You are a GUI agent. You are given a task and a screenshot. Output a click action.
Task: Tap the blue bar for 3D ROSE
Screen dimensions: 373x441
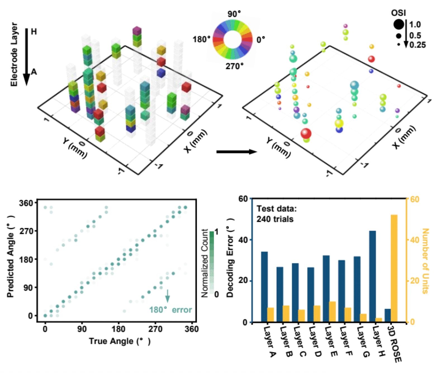pyautogui.click(x=388, y=315)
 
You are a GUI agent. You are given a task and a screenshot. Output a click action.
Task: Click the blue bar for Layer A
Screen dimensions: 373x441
pyautogui.click(x=264, y=287)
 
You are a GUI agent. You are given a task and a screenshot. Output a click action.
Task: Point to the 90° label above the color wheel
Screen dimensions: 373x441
pyautogui.click(x=234, y=14)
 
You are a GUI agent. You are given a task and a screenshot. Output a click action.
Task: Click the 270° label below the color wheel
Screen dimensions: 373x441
pyautogui.click(x=234, y=66)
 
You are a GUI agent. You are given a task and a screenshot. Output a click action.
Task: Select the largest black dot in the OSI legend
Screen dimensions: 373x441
pyautogui.click(x=399, y=24)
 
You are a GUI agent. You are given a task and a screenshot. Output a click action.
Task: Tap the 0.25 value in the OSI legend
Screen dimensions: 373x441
pyautogui.click(x=417, y=45)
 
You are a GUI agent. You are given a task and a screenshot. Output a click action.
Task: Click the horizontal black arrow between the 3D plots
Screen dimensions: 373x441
pyautogui.click(x=236, y=152)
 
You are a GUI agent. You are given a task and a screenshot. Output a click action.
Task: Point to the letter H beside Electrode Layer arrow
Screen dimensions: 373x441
pyautogui.click(x=34, y=32)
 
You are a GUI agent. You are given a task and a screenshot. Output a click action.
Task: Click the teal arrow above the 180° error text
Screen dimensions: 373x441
pyautogui.click(x=167, y=296)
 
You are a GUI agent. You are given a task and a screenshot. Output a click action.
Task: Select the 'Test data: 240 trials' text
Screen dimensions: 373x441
pyautogui.click(x=276, y=214)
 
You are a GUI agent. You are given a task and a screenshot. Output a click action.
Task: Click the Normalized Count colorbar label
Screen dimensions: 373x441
pyautogui.click(x=205, y=263)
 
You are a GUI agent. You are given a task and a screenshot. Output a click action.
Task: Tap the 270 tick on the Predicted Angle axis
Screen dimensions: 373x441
pyautogui.click(x=26, y=231)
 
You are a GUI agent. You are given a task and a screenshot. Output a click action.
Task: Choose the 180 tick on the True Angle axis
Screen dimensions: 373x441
pyautogui.click(x=118, y=329)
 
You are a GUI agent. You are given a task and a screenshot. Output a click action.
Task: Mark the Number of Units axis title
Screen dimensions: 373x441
pyautogui.click(x=425, y=261)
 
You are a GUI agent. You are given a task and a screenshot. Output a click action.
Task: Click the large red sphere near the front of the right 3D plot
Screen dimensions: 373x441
pyautogui.click(x=306, y=133)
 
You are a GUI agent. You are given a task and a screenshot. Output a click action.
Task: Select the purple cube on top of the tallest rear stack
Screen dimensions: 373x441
pyautogui.click(x=137, y=30)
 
